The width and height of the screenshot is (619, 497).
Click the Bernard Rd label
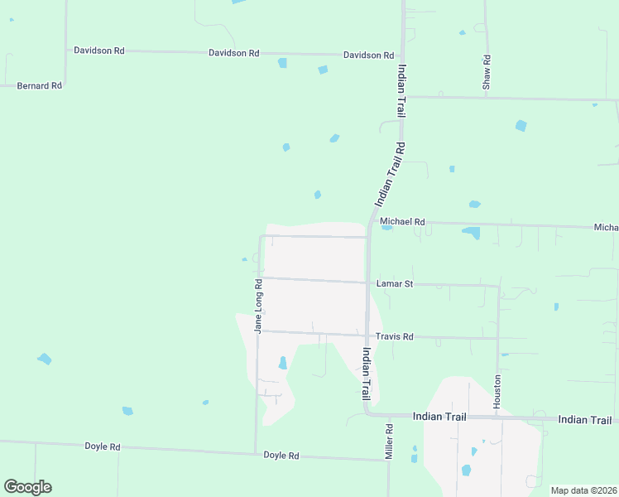(x=40, y=85)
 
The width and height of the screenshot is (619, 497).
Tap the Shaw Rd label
(x=487, y=72)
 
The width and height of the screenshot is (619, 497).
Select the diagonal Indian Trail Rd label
(x=390, y=175)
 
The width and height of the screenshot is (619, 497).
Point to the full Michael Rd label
(x=402, y=222)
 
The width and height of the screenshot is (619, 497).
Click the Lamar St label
(x=394, y=284)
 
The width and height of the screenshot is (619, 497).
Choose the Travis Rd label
(x=394, y=337)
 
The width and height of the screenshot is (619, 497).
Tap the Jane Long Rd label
(x=258, y=306)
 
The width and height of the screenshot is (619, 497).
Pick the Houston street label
(x=497, y=390)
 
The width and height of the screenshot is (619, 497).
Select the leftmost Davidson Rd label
(x=99, y=51)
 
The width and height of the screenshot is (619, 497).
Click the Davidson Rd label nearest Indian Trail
(x=369, y=55)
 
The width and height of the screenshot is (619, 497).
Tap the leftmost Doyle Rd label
(x=103, y=446)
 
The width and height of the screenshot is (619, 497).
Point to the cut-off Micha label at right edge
(x=606, y=227)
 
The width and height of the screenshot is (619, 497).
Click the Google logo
(x=27, y=487)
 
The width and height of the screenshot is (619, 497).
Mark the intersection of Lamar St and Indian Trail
(x=367, y=283)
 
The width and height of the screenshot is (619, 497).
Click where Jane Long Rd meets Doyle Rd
(x=256, y=453)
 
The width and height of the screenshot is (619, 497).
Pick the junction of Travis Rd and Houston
(x=498, y=338)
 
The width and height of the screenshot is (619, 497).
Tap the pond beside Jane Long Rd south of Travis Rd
(x=282, y=363)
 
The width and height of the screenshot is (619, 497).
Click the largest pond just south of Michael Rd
(x=471, y=233)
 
